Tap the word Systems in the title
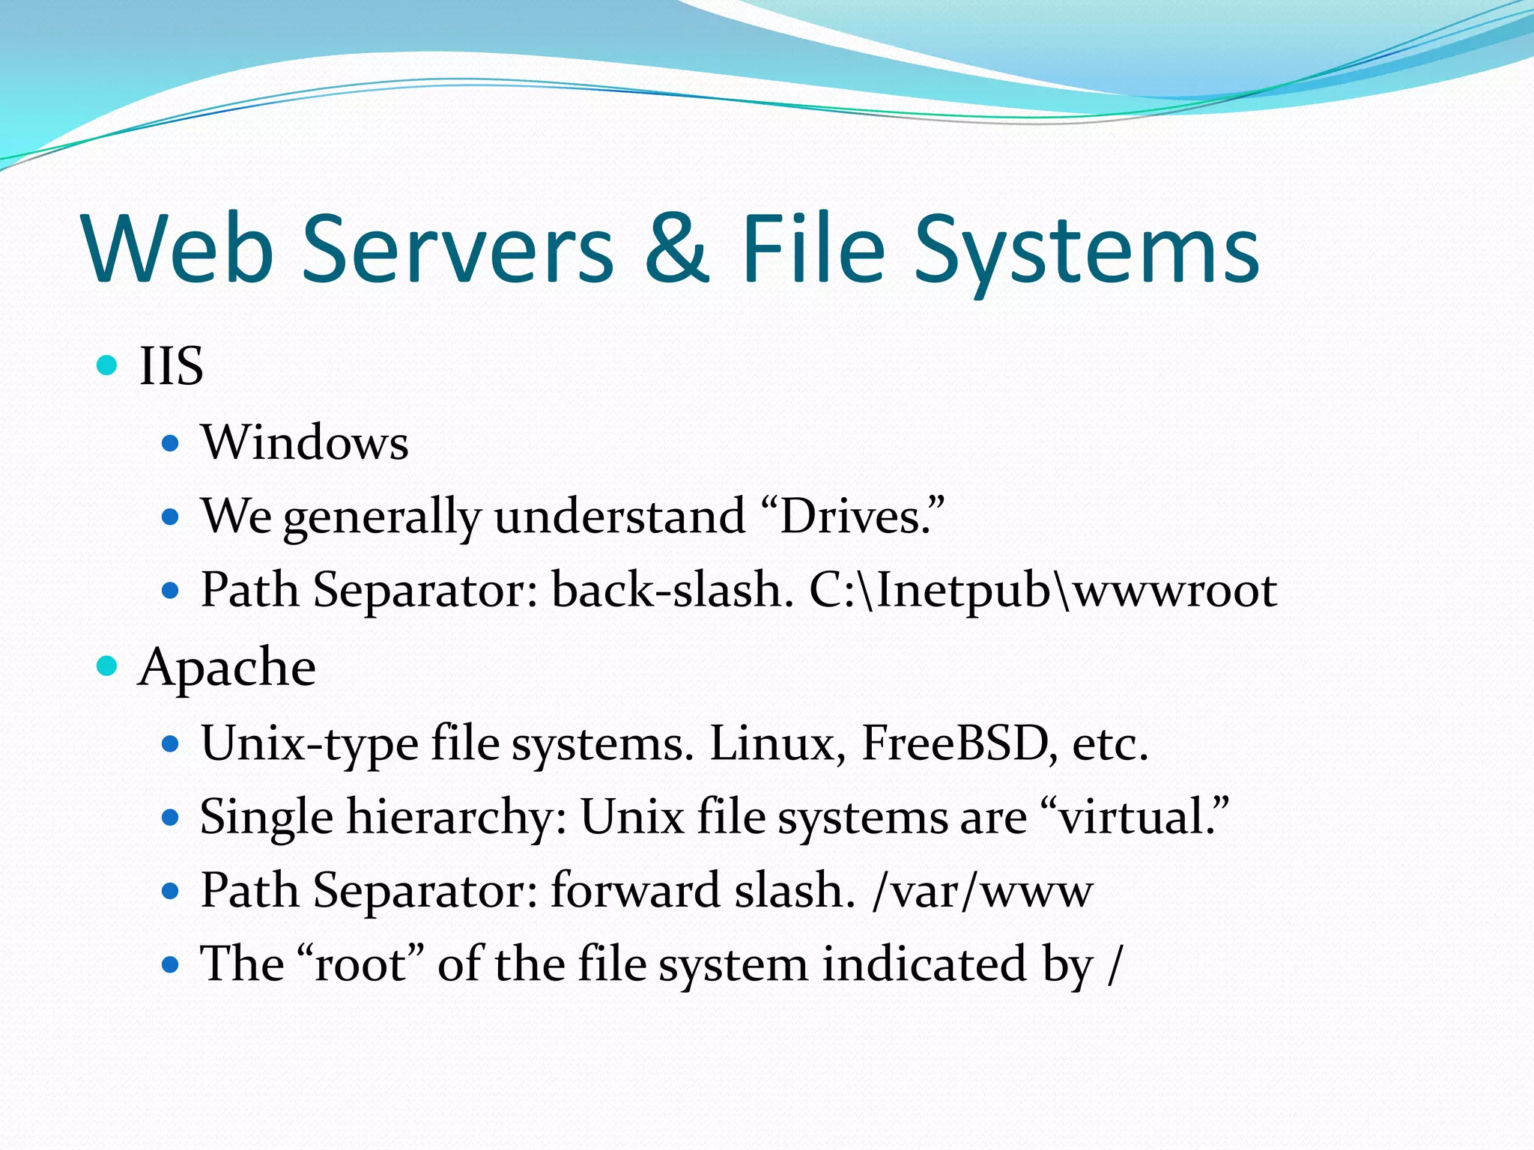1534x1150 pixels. (1087, 250)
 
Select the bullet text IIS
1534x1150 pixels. (172, 366)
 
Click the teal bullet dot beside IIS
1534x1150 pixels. (108, 365)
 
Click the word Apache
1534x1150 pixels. (227, 667)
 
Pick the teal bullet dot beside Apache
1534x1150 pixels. (108, 666)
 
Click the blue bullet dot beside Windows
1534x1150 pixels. (171, 443)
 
